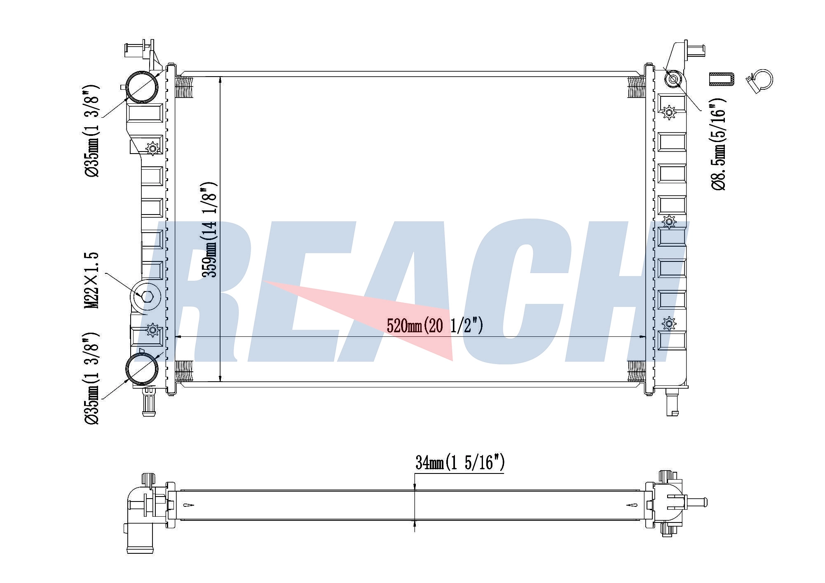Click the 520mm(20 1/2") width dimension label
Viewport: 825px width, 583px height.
(x=435, y=326)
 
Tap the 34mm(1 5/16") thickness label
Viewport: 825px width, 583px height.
(x=460, y=463)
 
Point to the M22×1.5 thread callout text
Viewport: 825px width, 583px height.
(x=91, y=280)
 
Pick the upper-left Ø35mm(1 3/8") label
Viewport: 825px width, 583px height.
(x=91, y=131)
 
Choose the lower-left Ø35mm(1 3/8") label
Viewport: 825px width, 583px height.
(x=91, y=378)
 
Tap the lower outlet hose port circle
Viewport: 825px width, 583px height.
(x=142, y=369)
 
